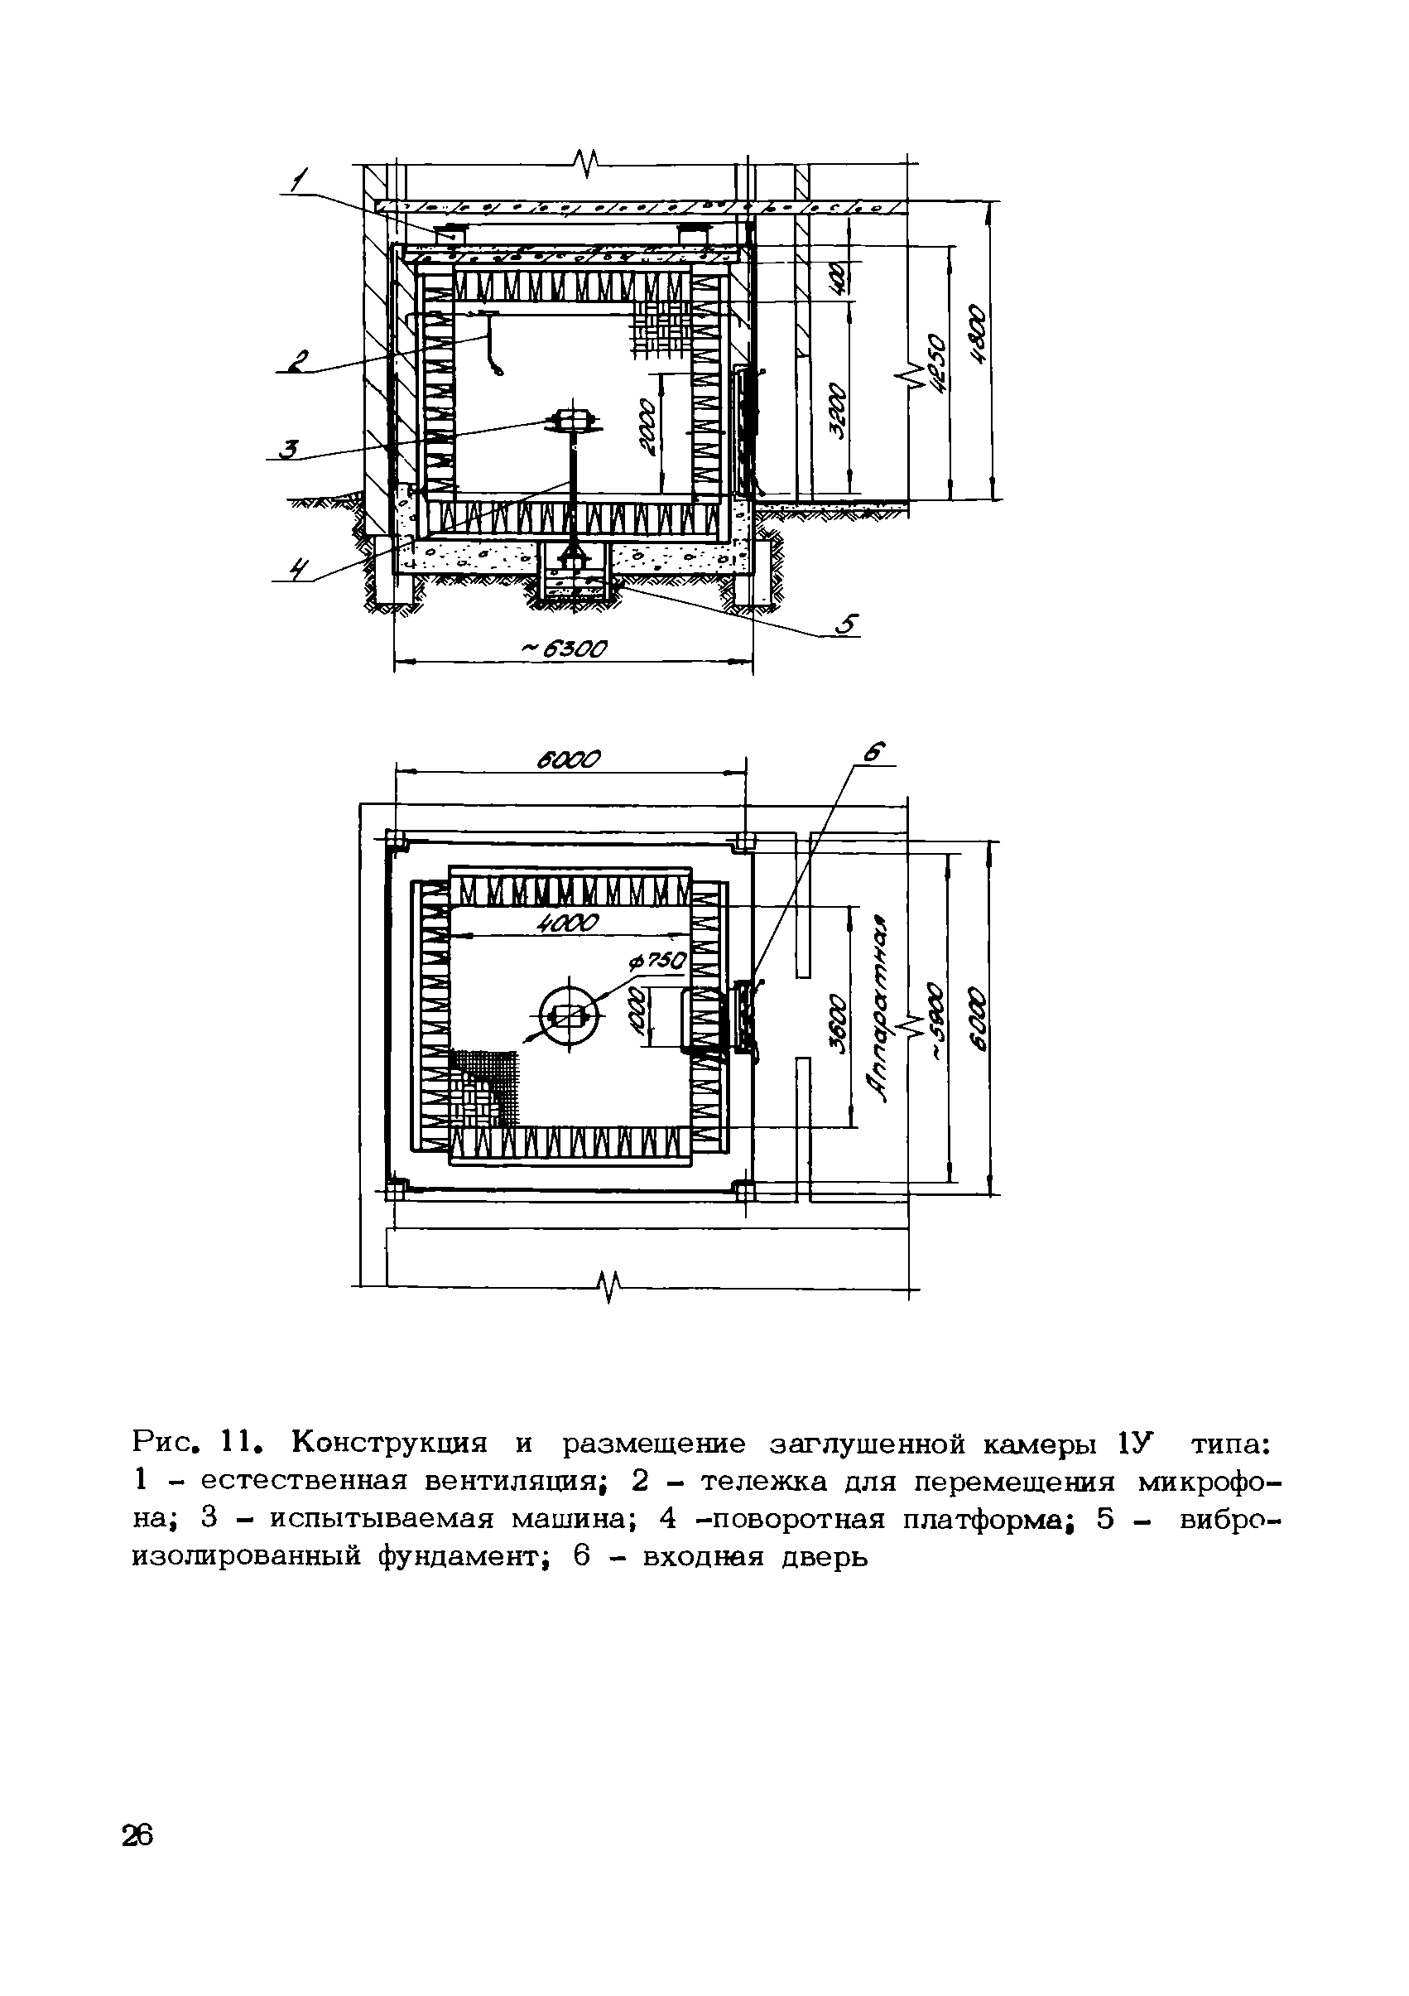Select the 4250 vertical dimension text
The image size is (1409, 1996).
(935, 364)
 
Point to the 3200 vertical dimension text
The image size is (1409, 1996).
(836, 411)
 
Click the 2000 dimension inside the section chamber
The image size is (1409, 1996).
(647, 427)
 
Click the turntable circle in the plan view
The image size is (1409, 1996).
(570, 1014)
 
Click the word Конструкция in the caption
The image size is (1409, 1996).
(388, 1443)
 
